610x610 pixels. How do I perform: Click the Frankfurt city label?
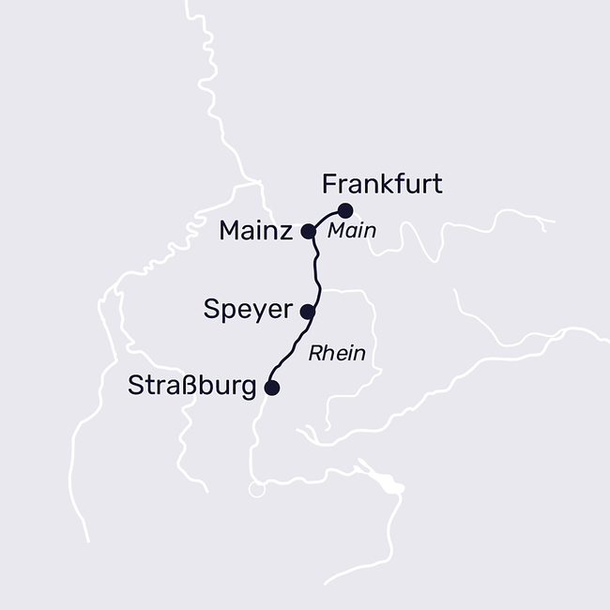[x=381, y=183]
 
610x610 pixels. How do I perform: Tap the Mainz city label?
[x=256, y=230]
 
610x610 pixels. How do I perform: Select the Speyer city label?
[x=248, y=310]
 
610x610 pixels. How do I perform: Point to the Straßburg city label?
[x=191, y=387]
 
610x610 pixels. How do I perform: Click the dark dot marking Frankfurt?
[x=345, y=209]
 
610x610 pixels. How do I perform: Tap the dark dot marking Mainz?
[x=307, y=230]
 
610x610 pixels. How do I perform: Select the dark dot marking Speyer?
[x=306, y=310]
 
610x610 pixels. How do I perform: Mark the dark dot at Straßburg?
[x=272, y=387]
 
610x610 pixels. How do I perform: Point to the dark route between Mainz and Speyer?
[x=316, y=270]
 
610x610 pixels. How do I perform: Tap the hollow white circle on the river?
[x=255, y=489]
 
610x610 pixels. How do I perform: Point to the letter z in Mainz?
[x=286, y=231]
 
